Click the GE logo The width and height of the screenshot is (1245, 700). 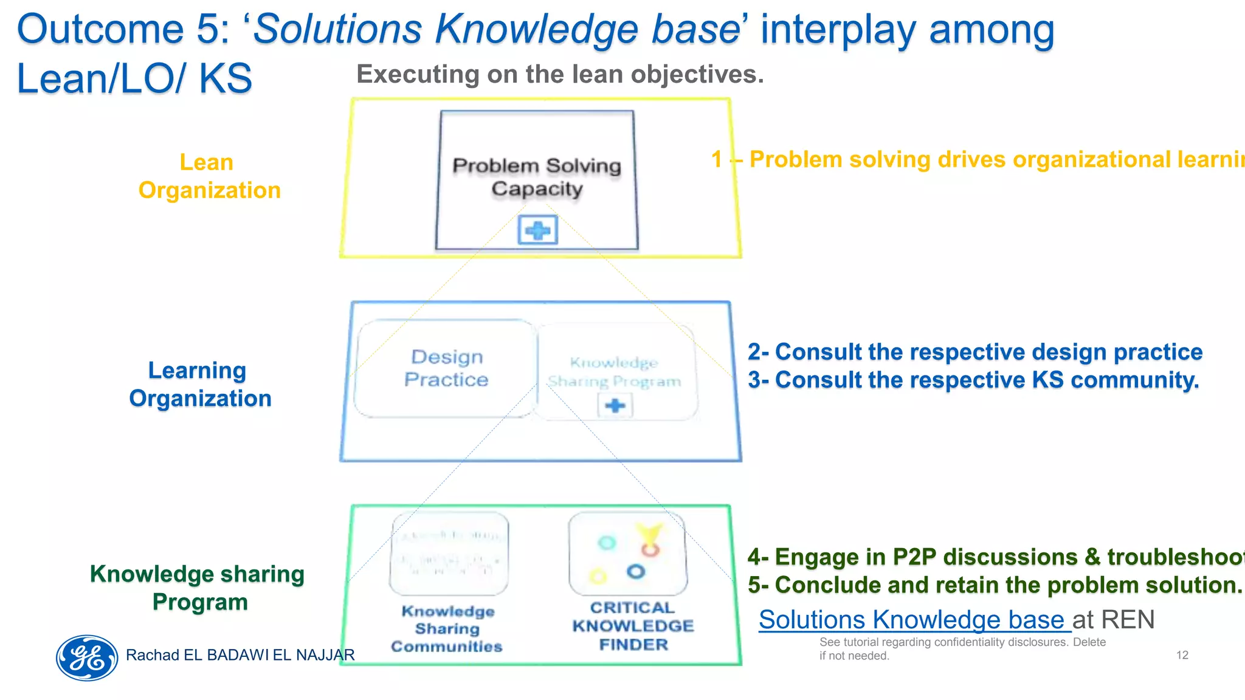(87, 657)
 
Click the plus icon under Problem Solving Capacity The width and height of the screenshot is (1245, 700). (538, 231)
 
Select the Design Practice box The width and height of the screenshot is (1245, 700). (446, 368)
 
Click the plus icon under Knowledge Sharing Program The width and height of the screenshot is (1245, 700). (615, 406)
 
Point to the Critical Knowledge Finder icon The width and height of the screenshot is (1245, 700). (628, 554)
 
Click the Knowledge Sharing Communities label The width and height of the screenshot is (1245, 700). (447, 629)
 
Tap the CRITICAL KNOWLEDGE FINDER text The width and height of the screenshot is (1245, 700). (633, 626)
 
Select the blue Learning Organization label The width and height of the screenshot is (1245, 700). (199, 384)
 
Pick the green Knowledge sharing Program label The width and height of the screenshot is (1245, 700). (198, 588)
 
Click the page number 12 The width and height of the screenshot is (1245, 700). (1182, 655)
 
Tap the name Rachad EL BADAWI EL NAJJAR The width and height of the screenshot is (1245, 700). (240, 655)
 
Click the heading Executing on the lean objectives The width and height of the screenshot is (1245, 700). (559, 74)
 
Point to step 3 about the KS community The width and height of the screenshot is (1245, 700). (973, 380)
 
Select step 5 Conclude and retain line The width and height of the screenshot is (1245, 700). (994, 585)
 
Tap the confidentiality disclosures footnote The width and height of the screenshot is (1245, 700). (962, 648)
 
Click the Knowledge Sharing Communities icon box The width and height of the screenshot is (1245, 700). (449, 554)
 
